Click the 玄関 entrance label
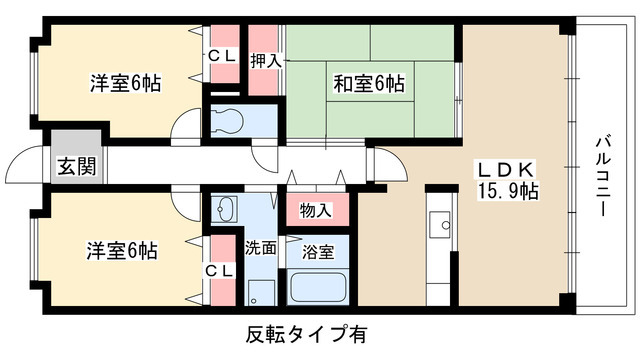coord(77,167)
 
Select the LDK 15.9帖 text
coord(507,177)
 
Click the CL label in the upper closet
coord(222,58)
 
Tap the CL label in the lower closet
coord(222,271)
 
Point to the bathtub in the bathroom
coord(317,290)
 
